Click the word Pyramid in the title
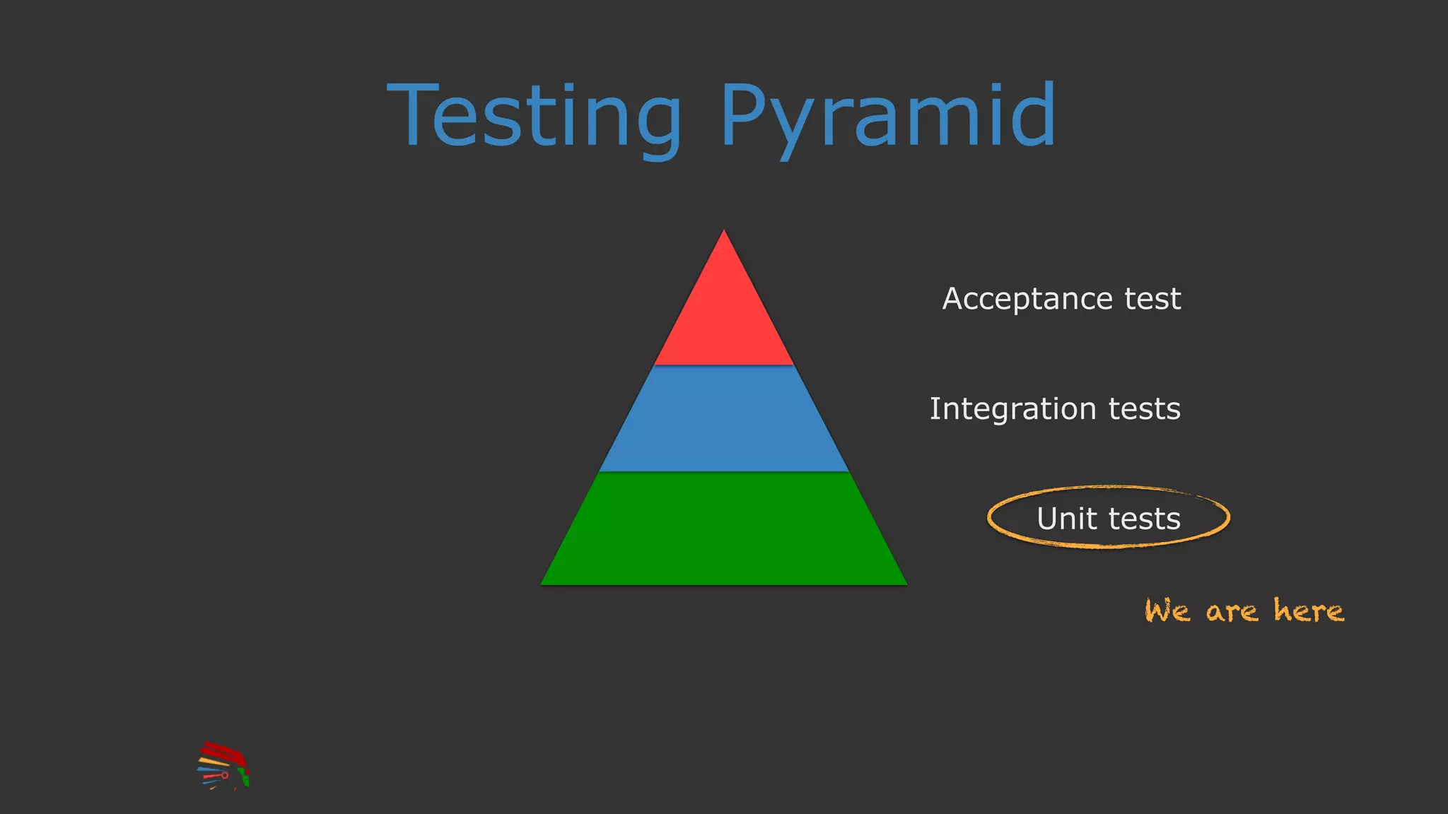887,117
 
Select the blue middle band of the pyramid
724,418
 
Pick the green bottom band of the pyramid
724,529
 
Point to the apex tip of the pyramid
724,231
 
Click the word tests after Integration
1144,409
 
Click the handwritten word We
1167,611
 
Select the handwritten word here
1308,610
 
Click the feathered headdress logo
223,766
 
